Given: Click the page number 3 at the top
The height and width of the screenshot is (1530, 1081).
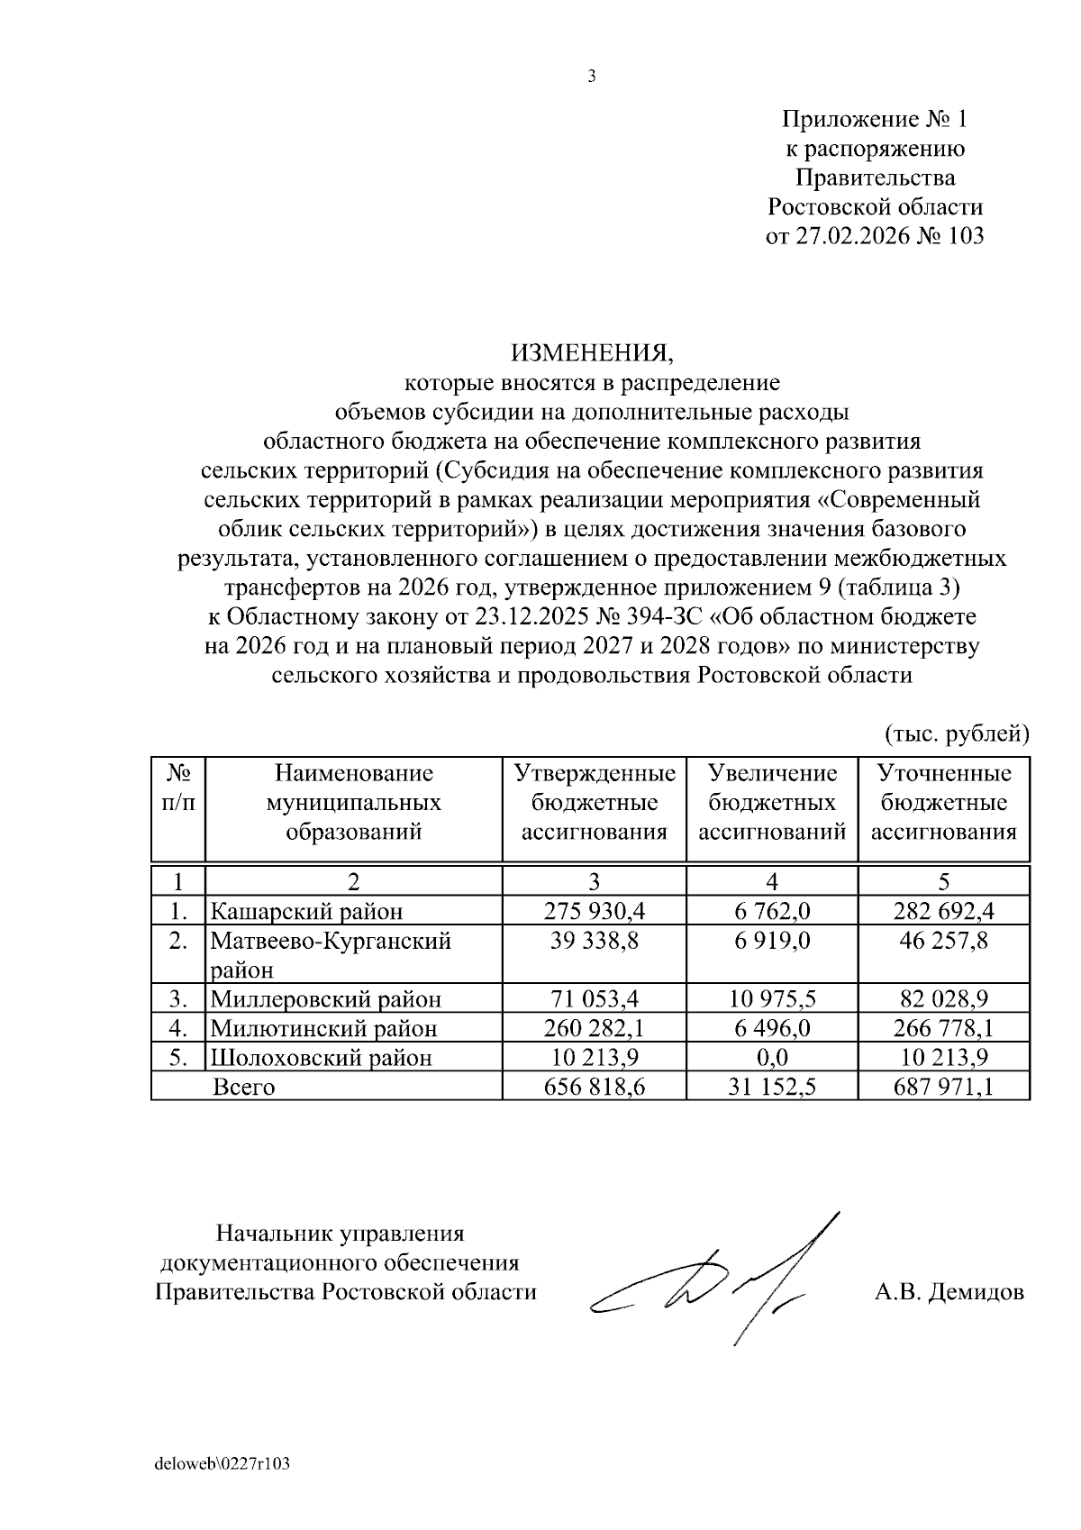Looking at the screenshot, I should (592, 77).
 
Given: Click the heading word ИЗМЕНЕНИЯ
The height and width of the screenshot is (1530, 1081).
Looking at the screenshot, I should (592, 352).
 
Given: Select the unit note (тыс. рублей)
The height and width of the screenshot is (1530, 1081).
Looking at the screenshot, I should (956, 734).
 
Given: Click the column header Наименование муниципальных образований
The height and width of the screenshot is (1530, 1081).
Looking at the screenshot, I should (353, 802).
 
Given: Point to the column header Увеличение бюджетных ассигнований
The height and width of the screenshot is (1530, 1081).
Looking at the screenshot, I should (772, 802).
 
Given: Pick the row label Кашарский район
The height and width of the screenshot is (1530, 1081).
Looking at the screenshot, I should (306, 912).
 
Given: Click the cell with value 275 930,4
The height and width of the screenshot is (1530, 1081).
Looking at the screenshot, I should (595, 912).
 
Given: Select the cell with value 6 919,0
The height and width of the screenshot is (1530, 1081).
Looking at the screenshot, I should (772, 941).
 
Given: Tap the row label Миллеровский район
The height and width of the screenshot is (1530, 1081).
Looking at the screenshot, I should (326, 999).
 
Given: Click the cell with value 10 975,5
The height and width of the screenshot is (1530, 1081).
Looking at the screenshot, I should (772, 999).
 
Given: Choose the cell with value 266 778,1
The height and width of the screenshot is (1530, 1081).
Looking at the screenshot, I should (943, 1028).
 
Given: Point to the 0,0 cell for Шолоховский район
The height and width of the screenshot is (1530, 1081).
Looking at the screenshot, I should (772, 1057).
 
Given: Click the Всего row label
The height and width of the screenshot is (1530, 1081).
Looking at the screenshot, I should (243, 1087).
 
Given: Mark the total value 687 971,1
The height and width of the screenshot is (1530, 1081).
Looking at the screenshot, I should (943, 1087).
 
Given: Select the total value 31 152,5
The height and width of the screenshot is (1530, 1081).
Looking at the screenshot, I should (772, 1087).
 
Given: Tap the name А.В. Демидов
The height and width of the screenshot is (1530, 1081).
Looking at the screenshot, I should (949, 1292).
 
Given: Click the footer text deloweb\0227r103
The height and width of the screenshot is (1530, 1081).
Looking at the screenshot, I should (223, 1463).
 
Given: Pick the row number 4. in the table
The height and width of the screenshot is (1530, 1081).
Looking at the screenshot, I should (177, 1028).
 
